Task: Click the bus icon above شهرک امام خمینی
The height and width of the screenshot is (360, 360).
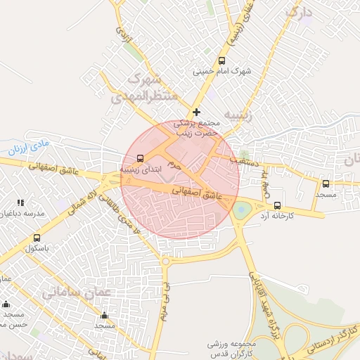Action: click(222, 61)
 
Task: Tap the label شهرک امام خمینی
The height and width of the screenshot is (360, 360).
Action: click(222, 72)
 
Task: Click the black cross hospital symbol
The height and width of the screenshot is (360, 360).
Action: click(196, 112)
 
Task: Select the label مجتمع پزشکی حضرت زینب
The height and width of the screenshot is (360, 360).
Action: click(198, 127)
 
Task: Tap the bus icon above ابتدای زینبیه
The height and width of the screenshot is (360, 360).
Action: click(139, 158)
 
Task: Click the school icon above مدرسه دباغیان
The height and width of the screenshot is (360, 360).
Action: click(20, 202)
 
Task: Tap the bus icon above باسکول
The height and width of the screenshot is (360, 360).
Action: click(37, 238)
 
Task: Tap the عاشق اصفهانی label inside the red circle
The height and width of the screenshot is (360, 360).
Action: click(195, 193)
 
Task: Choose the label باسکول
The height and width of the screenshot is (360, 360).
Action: click(35, 248)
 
